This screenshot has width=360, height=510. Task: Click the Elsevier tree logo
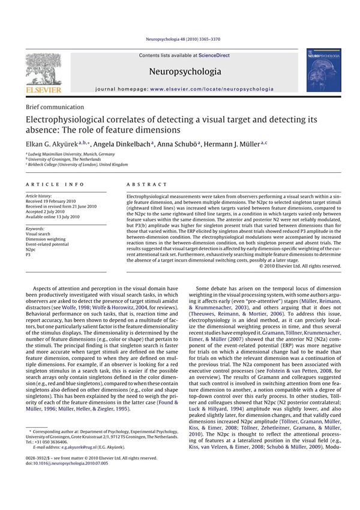point(43,70)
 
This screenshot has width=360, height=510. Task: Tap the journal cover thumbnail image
point(323,71)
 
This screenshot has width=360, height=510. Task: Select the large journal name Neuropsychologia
point(184,71)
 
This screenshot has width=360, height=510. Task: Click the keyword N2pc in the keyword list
point(32,250)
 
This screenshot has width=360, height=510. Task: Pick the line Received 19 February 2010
point(54,201)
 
